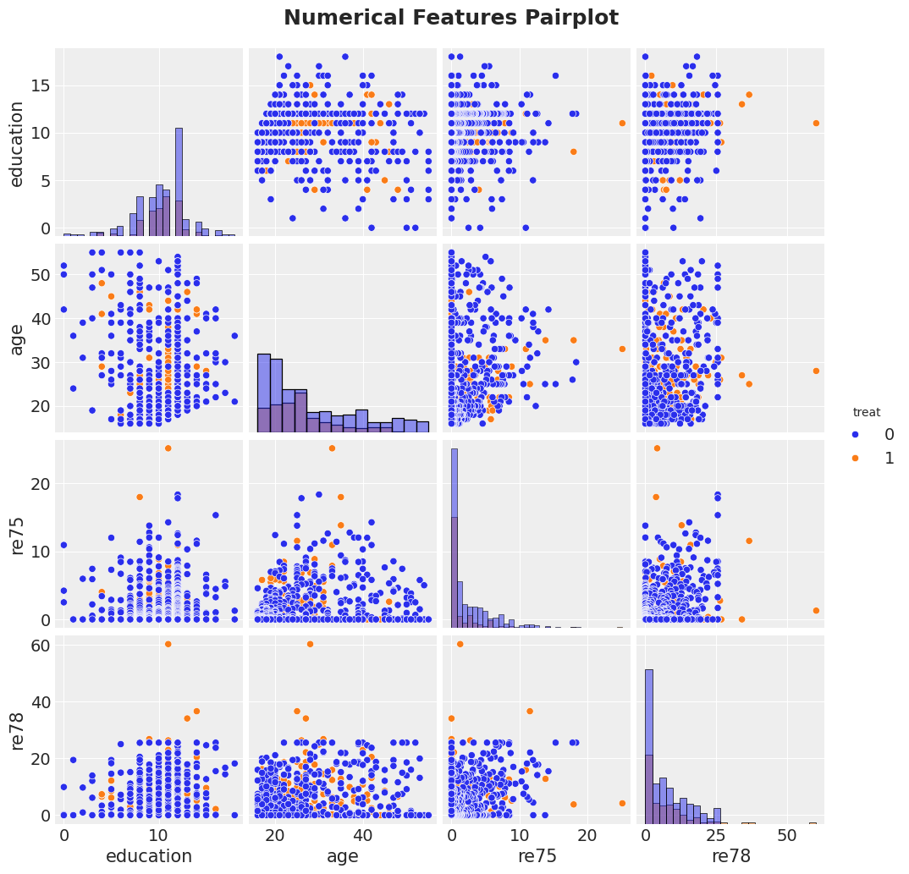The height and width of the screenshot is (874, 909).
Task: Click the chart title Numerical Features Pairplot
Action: click(x=451, y=18)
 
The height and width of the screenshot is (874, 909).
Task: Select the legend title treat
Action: click(x=867, y=413)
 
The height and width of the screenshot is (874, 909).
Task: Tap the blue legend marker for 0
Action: click(x=855, y=435)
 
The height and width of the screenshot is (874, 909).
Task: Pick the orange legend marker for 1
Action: click(x=855, y=458)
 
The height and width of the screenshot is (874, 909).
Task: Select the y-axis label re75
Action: click(x=17, y=534)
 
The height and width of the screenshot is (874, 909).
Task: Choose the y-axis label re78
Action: click(x=17, y=729)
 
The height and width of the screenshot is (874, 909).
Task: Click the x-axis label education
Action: click(x=149, y=856)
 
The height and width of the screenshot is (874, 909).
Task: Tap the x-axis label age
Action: click(x=343, y=856)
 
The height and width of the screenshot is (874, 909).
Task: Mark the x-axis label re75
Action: click(x=536, y=856)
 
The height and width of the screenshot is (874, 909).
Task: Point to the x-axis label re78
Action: click(x=730, y=856)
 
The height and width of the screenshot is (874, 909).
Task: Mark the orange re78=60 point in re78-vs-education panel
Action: click(x=168, y=644)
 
